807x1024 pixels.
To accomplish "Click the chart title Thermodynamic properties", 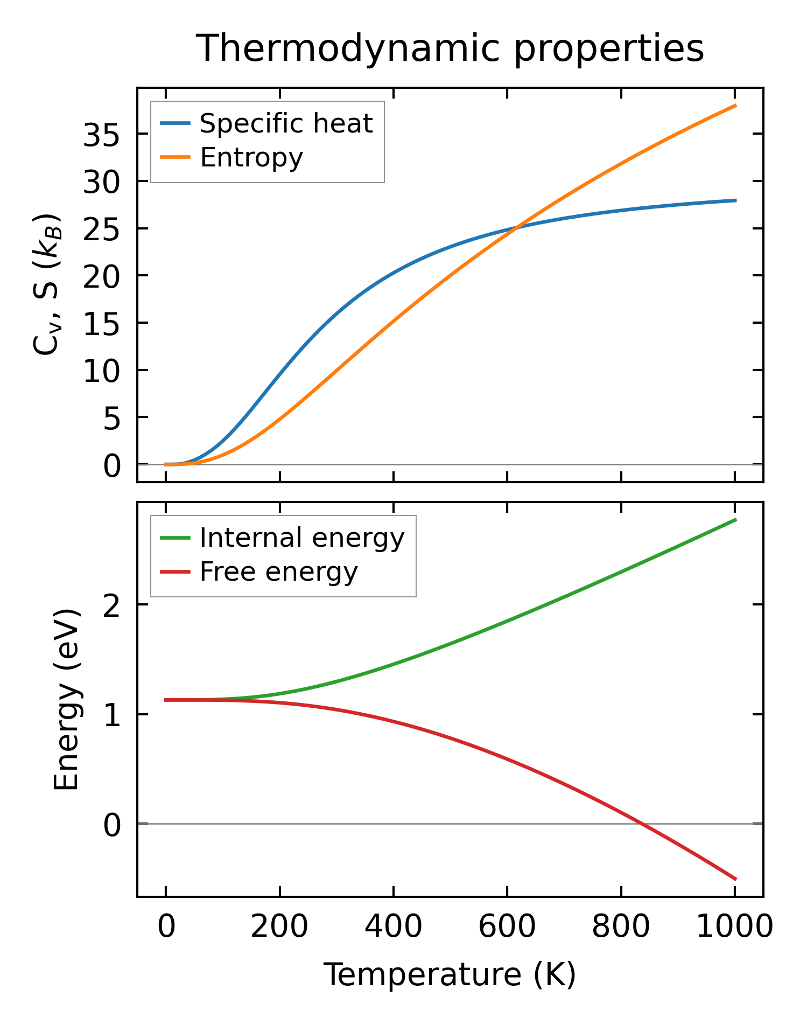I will pyautogui.click(x=450, y=49).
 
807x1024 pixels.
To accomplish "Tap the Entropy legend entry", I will pyautogui.click(x=251, y=157).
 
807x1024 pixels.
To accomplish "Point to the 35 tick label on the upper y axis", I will pyautogui.click(x=101, y=135).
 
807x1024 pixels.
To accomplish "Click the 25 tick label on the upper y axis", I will pyautogui.click(x=101, y=229).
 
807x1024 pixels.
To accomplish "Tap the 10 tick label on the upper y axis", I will pyautogui.click(x=101, y=371).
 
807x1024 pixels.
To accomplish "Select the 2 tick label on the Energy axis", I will pyautogui.click(x=112, y=605).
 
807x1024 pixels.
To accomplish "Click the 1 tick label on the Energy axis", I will pyautogui.click(x=112, y=715).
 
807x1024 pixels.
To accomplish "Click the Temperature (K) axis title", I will pyautogui.click(x=450, y=974).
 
